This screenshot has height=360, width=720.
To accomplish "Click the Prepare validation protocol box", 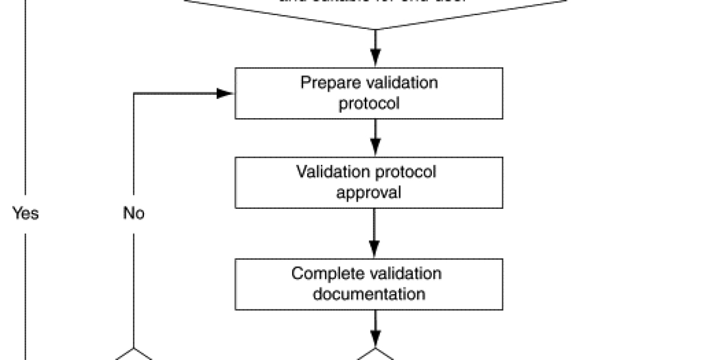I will (368, 92).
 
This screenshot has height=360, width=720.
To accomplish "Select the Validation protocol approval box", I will (368, 182).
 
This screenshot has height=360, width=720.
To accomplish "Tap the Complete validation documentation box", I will (368, 284).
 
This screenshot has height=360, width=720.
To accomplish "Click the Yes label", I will (26, 213).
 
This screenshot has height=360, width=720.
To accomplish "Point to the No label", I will (133, 213).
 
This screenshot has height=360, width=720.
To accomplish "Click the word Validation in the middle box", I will (326, 172).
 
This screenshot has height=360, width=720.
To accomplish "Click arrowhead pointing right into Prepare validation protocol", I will (226, 93).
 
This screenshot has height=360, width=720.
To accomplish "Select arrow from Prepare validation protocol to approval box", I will (375, 138).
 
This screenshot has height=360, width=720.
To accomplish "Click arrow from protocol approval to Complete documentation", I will (375, 233).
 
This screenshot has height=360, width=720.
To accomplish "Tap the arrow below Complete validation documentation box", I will (375, 328).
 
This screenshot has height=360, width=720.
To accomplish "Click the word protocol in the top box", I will (368, 103).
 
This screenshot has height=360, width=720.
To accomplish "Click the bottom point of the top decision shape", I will (375, 28).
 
